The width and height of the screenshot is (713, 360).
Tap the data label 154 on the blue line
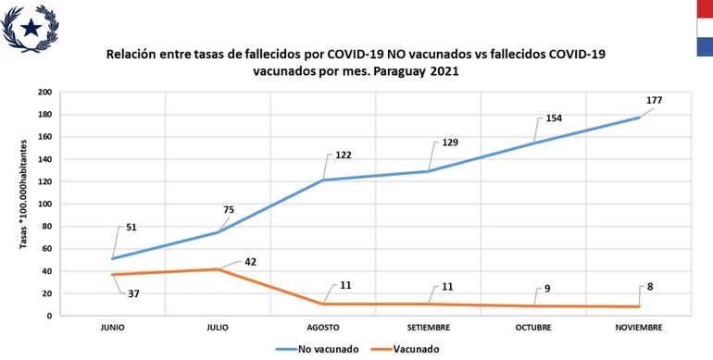tap(553, 118)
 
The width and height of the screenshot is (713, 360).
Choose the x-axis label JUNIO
tap(112, 328)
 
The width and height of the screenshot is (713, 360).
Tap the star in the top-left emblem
tap(31, 28)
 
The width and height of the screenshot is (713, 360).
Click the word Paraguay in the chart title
tap(405, 70)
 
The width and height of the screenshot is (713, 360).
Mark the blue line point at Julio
tap(218, 231)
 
